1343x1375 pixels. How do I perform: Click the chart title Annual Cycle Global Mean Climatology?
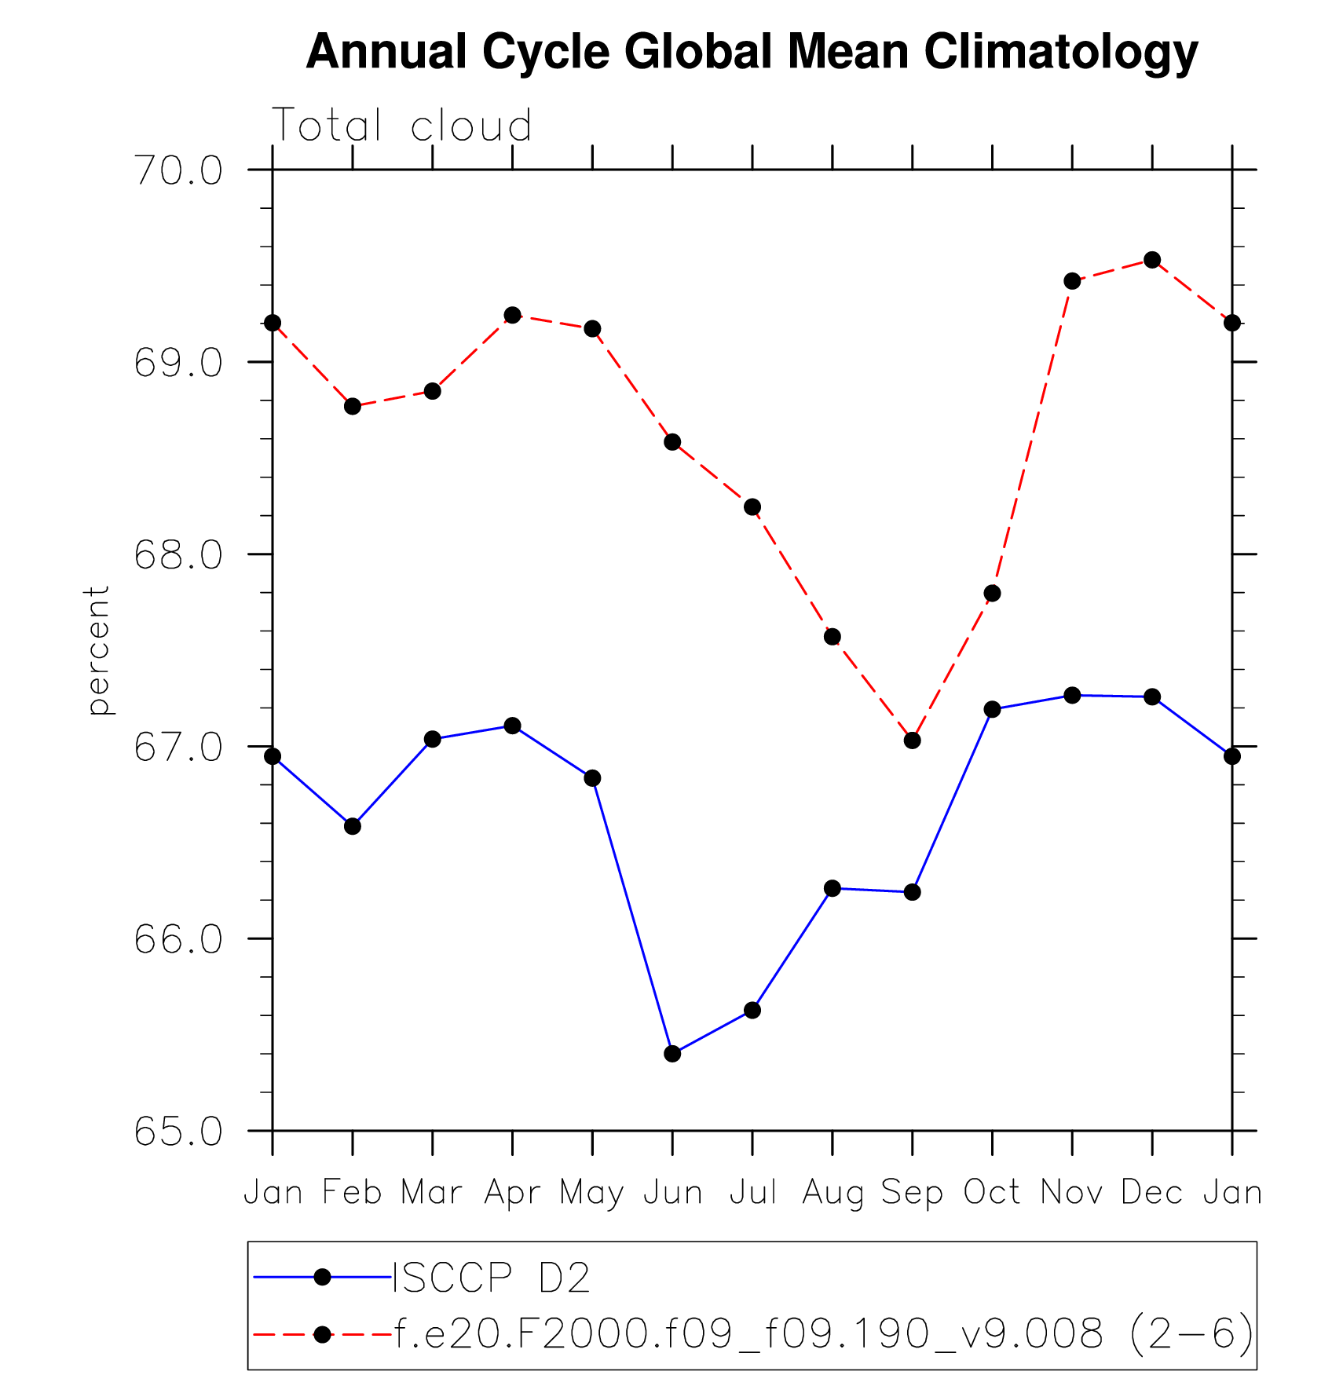coord(752,52)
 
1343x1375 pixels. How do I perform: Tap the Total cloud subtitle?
coord(401,126)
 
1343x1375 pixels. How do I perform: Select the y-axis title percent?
coord(98,650)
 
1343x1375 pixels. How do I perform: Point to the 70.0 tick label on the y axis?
coord(178,170)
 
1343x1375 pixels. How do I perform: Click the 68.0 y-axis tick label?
coord(178,555)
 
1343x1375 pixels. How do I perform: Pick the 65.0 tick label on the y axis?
coord(178,1132)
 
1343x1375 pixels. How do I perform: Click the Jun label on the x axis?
coord(672,1192)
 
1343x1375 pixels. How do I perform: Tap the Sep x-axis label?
coord(912,1192)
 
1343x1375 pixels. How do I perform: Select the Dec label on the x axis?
coord(1151,1192)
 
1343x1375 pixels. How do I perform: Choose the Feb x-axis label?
coord(353,1192)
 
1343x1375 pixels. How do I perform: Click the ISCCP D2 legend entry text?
coord(491,1278)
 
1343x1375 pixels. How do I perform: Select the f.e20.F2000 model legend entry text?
coord(823,1333)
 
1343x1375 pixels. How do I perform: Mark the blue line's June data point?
coord(672,1053)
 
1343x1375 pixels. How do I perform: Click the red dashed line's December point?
coord(1152,260)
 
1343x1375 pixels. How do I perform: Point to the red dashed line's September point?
coord(912,741)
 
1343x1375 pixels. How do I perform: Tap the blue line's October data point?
coord(992,709)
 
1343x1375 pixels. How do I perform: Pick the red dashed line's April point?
coord(512,315)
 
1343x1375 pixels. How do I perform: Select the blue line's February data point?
coord(353,826)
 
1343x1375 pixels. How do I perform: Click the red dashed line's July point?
coord(752,507)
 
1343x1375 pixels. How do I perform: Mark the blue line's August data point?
coord(833,888)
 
